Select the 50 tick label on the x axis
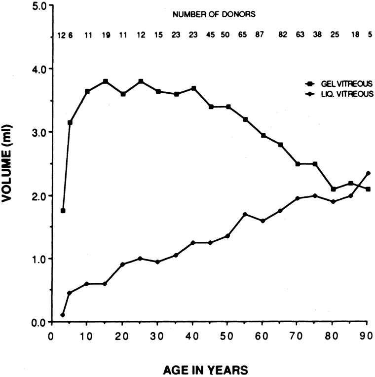(x=227, y=334)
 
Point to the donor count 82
(x=283, y=36)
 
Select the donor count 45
(x=211, y=36)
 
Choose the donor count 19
(x=106, y=36)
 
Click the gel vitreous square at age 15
(x=106, y=81)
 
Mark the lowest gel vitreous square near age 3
(x=63, y=211)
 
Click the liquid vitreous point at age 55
(x=245, y=214)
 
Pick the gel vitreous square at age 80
(x=334, y=189)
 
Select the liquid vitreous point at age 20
(x=123, y=264)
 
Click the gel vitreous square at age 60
(x=263, y=135)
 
